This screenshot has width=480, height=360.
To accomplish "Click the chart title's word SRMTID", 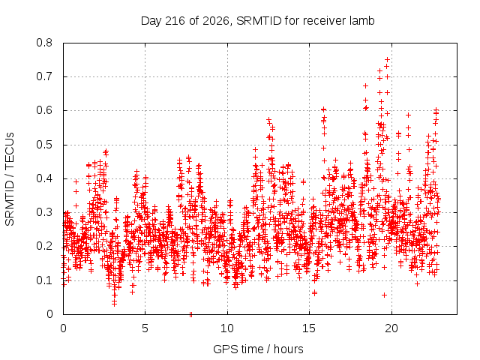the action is [259, 21].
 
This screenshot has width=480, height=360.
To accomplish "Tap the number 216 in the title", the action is [175, 21].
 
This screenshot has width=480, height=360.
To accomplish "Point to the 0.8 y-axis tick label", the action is [44, 43].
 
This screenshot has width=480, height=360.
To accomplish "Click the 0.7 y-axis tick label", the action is [44, 76].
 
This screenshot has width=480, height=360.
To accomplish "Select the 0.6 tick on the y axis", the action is [44, 110].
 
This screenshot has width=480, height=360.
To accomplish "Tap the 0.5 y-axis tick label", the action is [44, 145].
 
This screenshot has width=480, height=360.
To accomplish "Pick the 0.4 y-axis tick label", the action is [44, 178].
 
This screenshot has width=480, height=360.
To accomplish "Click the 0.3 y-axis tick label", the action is [44, 212].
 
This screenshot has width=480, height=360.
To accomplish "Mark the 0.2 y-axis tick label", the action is [44, 247].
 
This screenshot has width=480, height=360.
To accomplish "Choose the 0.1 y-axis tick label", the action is [44, 280].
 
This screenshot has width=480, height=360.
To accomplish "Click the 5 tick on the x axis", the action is [145, 328].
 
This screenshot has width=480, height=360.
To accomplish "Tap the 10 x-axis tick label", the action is [227, 328].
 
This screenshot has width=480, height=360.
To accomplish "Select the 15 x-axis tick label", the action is [309, 328].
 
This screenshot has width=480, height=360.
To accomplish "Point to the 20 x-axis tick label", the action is [391, 328].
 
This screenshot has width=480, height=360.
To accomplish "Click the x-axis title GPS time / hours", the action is [258, 349].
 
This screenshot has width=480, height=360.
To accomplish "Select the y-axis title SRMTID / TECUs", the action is [10, 179].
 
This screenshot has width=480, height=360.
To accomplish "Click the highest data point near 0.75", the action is [387, 59].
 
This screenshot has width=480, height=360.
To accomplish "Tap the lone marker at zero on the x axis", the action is [190, 314].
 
